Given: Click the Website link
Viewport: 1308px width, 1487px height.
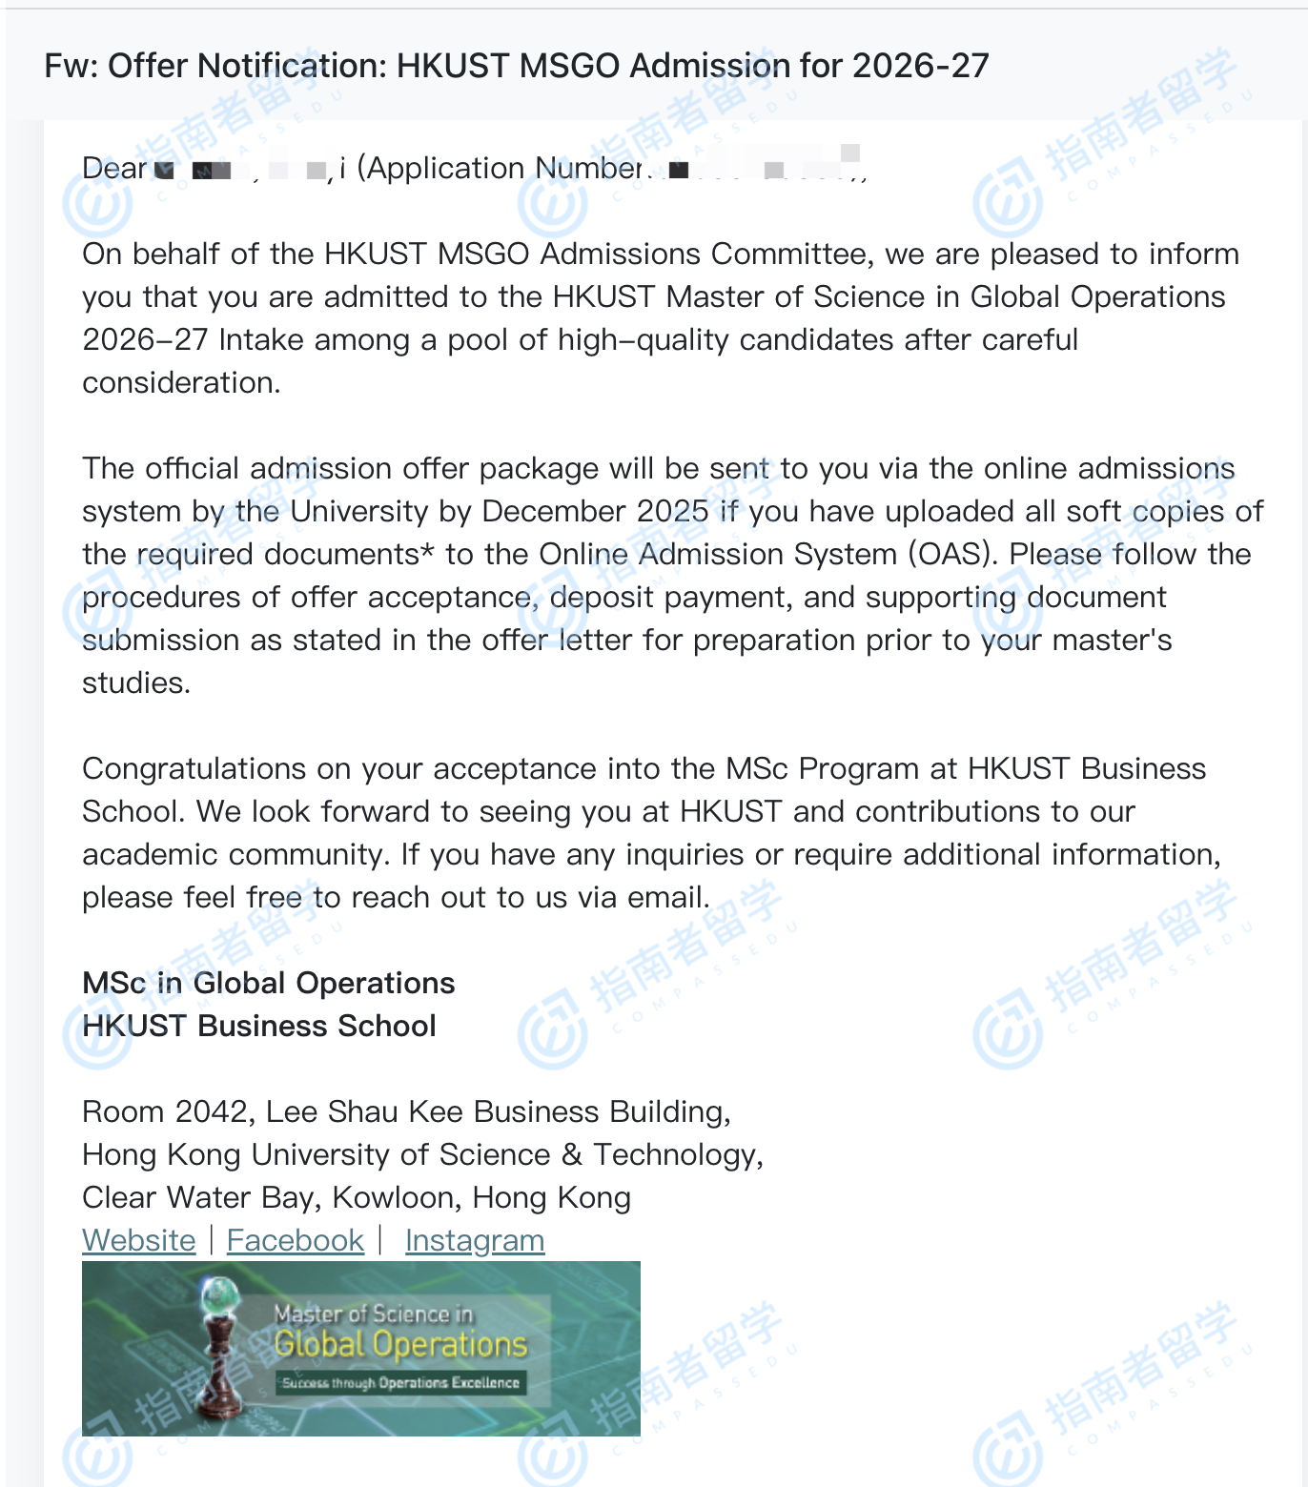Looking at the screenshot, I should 139,1240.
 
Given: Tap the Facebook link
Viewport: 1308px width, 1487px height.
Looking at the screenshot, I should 296,1240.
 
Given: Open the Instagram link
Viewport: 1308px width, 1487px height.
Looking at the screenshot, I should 475,1240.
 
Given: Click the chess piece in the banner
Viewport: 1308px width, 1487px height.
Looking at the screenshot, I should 221,1344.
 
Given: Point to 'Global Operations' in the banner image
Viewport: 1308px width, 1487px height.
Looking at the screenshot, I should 400,1344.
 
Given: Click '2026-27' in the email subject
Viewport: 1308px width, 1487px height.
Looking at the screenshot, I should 921,66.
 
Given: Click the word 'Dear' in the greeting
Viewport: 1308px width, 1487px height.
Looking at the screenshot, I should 114,169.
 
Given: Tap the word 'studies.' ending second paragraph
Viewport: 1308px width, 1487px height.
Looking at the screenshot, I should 136,683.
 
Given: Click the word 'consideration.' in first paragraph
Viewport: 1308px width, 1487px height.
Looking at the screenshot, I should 181,383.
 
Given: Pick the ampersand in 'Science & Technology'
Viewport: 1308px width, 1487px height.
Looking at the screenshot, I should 572,1155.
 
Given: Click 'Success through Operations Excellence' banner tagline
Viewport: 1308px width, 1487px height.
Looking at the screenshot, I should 400,1382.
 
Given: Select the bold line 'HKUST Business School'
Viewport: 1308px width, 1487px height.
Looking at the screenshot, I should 259,1027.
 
